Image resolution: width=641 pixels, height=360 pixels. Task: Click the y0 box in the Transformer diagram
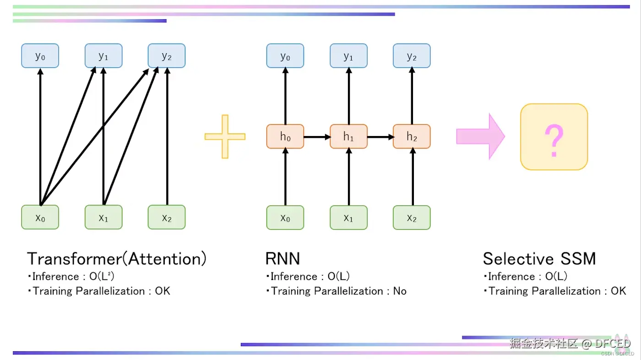point(40,55)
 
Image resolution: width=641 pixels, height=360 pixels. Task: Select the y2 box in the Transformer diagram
point(167,55)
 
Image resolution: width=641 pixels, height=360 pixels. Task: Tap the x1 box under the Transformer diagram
point(103,217)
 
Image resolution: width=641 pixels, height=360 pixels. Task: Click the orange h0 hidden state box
point(285,136)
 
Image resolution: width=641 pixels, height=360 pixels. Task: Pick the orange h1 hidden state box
point(348,136)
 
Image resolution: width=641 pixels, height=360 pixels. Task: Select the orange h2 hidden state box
point(412,136)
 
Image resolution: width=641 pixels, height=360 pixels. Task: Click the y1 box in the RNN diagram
point(348,55)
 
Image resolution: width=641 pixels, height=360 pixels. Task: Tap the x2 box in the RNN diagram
point(412,218)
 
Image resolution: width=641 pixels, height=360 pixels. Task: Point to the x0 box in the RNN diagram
point(285,218)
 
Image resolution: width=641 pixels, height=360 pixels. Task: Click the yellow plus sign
point(225,136)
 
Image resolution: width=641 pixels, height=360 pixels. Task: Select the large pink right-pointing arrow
point(481,136)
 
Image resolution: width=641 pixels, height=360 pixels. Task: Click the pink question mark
point(554,141)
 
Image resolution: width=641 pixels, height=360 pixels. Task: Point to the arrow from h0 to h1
point(317,137)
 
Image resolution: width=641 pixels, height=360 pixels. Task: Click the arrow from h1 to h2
point(380,137)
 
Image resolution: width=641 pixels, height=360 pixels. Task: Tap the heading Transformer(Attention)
point(116,259)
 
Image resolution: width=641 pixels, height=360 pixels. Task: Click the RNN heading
point(283,259)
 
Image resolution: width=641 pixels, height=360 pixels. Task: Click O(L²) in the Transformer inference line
point(102,277)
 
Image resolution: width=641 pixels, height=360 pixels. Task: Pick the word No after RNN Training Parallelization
point(400,291)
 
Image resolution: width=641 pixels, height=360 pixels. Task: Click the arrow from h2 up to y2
point(412,96)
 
